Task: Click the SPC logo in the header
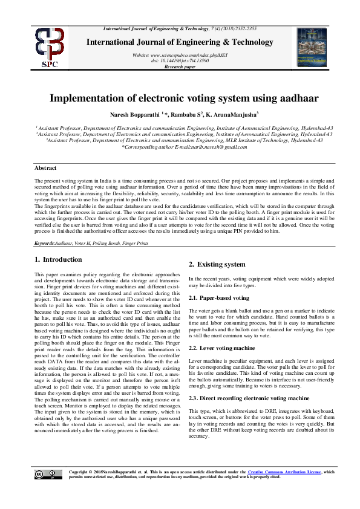(x=50, y=46)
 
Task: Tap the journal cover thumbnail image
(x=312, y=45)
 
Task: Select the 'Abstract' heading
(x=45, y=168)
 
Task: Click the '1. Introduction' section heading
(x=59, y=259)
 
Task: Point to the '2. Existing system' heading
(x=217, y=264)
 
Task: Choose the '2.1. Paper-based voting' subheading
(x=218, y=298)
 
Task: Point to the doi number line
(x=180, y=60)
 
